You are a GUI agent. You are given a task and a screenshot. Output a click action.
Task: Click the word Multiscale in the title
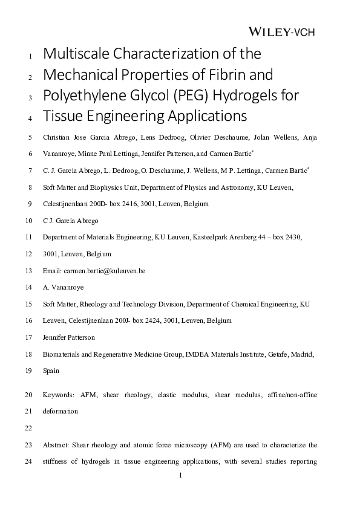click(77, 54)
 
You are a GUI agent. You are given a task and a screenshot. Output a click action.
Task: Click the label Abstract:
click(57, 445)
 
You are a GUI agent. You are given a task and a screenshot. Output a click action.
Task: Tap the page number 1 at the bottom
click(180, 475)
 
